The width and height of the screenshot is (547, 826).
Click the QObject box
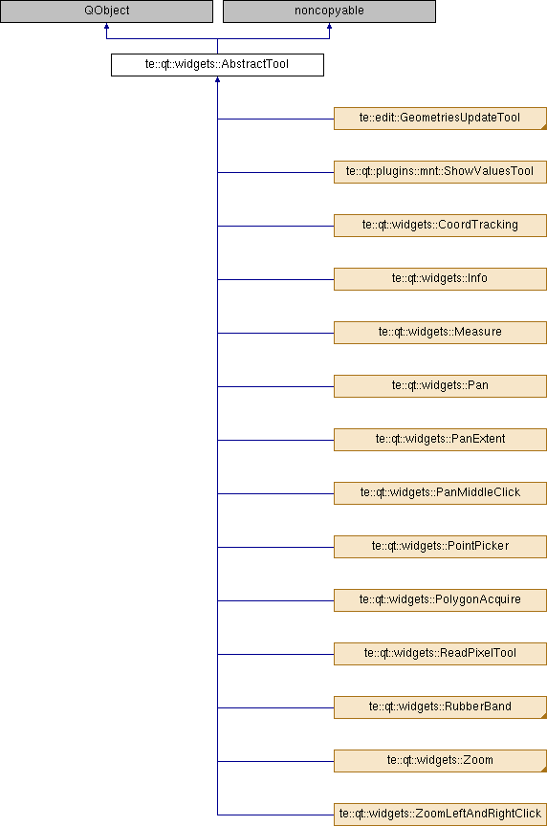106,11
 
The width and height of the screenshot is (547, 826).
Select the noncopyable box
329,11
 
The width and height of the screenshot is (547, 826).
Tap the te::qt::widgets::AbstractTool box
217,65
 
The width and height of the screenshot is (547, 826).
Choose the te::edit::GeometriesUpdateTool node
440,119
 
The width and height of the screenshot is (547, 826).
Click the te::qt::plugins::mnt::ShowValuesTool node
440,172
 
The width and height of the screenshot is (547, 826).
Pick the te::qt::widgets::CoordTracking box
440,226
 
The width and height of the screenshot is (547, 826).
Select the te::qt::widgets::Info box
440,278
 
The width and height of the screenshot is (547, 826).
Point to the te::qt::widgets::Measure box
440,333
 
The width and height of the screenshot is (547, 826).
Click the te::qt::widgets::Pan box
440,386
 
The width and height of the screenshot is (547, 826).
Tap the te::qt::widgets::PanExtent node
440,440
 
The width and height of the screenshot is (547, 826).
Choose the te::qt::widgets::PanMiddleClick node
440,493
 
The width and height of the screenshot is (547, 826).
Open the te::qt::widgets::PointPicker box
440,547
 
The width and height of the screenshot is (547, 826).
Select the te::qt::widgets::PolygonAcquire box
440,600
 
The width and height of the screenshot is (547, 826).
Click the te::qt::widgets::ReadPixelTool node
440,654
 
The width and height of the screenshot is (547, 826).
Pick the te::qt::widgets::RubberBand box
440,706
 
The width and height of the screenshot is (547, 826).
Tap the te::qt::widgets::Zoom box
440,761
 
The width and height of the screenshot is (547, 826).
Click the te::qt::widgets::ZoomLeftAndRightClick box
440,815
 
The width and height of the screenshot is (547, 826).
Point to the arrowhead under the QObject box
106,26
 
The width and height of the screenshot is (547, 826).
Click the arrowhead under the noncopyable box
329,26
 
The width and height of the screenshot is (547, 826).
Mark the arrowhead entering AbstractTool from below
217,79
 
